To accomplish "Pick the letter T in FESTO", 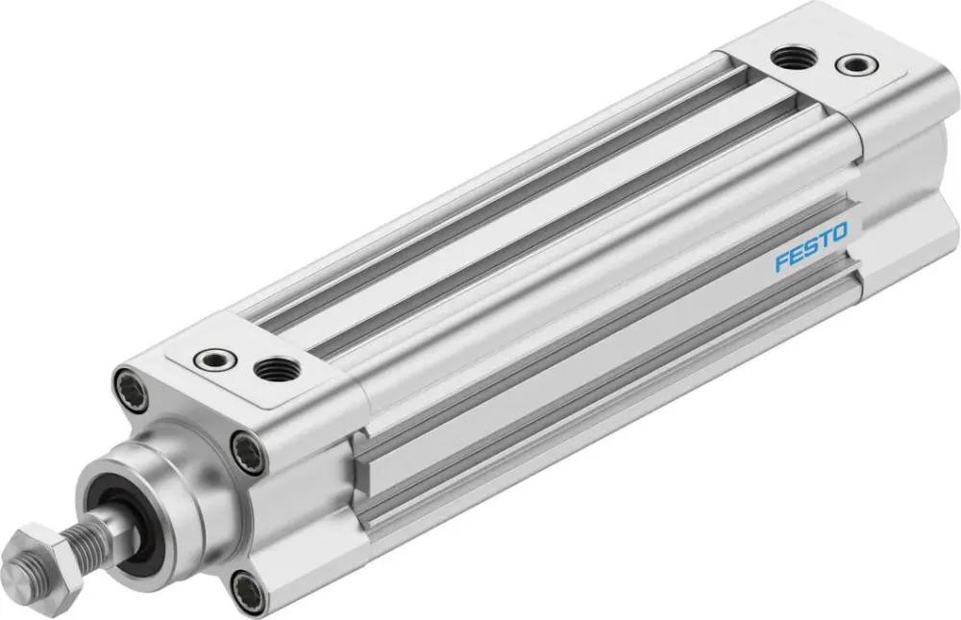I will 825,241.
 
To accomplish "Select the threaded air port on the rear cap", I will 796,57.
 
